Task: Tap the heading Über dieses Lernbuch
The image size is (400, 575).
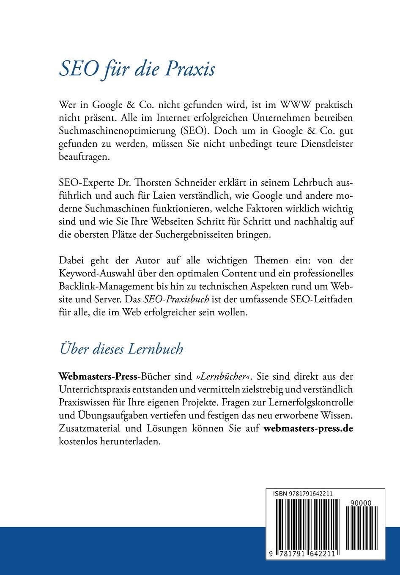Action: pyautogui.click(x=121, y=349)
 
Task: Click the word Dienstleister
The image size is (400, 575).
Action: pyautogui.click(x=327, y=144)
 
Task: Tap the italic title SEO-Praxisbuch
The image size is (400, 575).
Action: pyautogui.click(x=176, y=299)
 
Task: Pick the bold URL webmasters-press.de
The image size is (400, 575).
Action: pyautogui.click(x=308, y=428)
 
